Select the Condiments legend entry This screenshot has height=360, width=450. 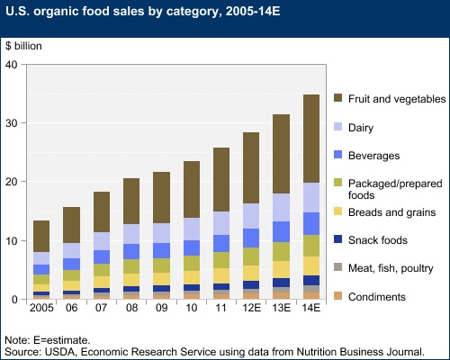click(x=382, y=296)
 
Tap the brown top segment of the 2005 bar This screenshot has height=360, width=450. click(x=41, y=236)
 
